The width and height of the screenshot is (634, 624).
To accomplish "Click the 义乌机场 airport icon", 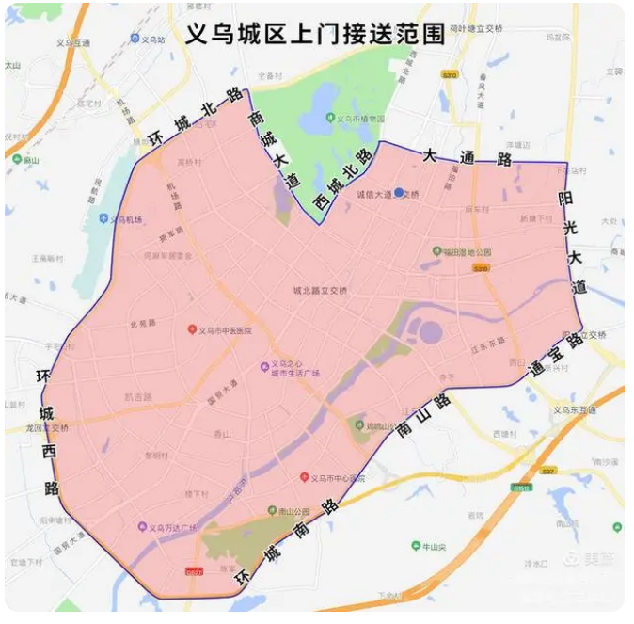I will point(103,219).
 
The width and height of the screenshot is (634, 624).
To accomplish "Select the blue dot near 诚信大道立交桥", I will point(399,192).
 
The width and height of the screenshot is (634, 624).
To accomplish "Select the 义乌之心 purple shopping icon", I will point(264,366).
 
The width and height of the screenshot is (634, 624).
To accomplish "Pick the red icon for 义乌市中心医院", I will point(304,477).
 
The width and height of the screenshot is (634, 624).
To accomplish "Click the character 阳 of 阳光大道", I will point(564,199).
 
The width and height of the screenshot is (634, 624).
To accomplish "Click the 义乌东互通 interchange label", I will point(575,410).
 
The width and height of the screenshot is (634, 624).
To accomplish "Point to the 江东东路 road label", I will point(487,345).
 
